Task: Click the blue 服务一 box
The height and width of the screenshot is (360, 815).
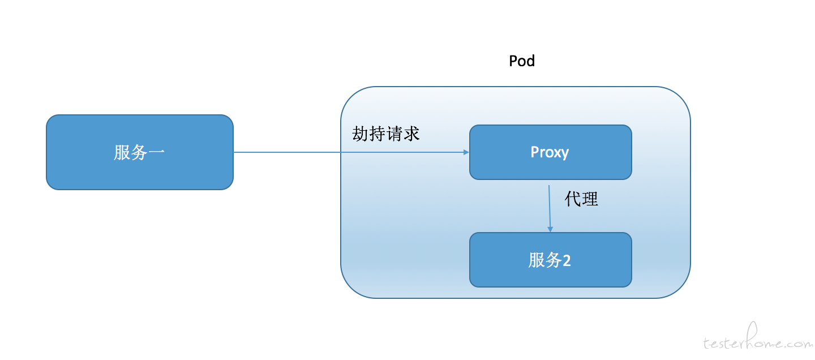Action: [140, 152]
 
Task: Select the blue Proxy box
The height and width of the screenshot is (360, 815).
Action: [551, 152]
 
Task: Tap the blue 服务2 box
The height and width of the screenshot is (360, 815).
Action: [551, 260]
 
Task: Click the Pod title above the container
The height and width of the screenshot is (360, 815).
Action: [522, 61]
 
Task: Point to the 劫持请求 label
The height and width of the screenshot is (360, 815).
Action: [385, 134]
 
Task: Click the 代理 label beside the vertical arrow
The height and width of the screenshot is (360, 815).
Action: [581, 199]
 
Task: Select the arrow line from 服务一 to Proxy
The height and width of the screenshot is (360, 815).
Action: [351, 152]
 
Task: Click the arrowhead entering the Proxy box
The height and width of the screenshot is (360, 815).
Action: [466, 152]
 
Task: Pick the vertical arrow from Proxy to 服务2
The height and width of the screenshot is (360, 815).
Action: [550, 208]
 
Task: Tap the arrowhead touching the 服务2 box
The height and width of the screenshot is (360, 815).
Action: [550, 229]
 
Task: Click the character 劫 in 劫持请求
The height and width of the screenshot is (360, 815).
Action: [360, 134]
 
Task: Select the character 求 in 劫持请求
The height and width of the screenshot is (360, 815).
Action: [411, 134]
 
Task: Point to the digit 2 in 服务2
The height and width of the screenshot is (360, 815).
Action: [567, 260]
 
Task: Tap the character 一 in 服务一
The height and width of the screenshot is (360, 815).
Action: [156, 152]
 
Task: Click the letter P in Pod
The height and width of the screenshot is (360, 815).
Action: [513, 61]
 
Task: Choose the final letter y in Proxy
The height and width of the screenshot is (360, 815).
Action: [564, 154]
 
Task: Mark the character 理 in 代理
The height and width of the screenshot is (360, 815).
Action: [590, 199]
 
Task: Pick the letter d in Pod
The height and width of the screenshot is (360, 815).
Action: [531, 61]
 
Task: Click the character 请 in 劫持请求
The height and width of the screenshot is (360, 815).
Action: [394, 134]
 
